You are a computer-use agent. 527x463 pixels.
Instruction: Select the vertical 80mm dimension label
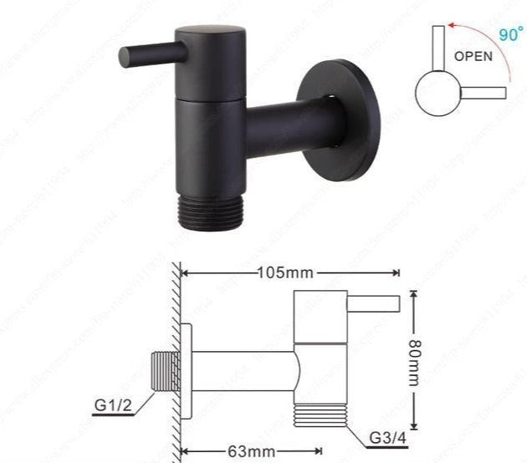coord(413,359)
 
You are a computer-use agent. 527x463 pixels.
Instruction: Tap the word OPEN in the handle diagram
coord(474,57)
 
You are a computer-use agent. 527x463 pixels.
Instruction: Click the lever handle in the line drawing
coord(374,303)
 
